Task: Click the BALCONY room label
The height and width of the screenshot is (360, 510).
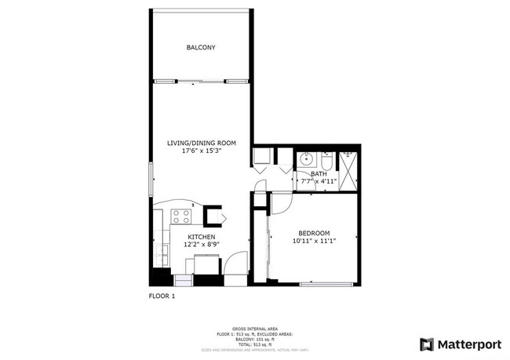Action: pyautogui.click(x=201, y=48)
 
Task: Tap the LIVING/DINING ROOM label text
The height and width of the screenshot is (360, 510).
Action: pyautogui.click(x=202, y=143)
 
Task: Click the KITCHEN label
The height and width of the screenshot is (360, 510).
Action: pyautogui.click(x=202, y=237)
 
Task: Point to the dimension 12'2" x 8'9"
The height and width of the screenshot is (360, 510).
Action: pyautogui.click(x=202, y=245)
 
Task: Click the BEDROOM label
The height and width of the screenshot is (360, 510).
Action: pyautogui.click(x=314, y=233)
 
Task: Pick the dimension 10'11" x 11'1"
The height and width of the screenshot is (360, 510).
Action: pyautogui.click(x=314, y=241)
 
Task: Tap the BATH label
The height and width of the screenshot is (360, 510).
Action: pyautogui.click(x=319, y=174)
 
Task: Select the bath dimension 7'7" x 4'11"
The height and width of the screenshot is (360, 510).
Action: pyautogui.click(x=319, y=181)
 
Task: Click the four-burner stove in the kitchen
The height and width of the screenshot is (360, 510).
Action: pyautogui.click(x=181, y=216)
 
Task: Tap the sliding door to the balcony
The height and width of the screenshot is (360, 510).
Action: pyautogui.click(x=201, y=81)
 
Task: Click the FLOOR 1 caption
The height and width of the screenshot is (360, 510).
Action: pyautogui.click(x=162, y=296)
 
